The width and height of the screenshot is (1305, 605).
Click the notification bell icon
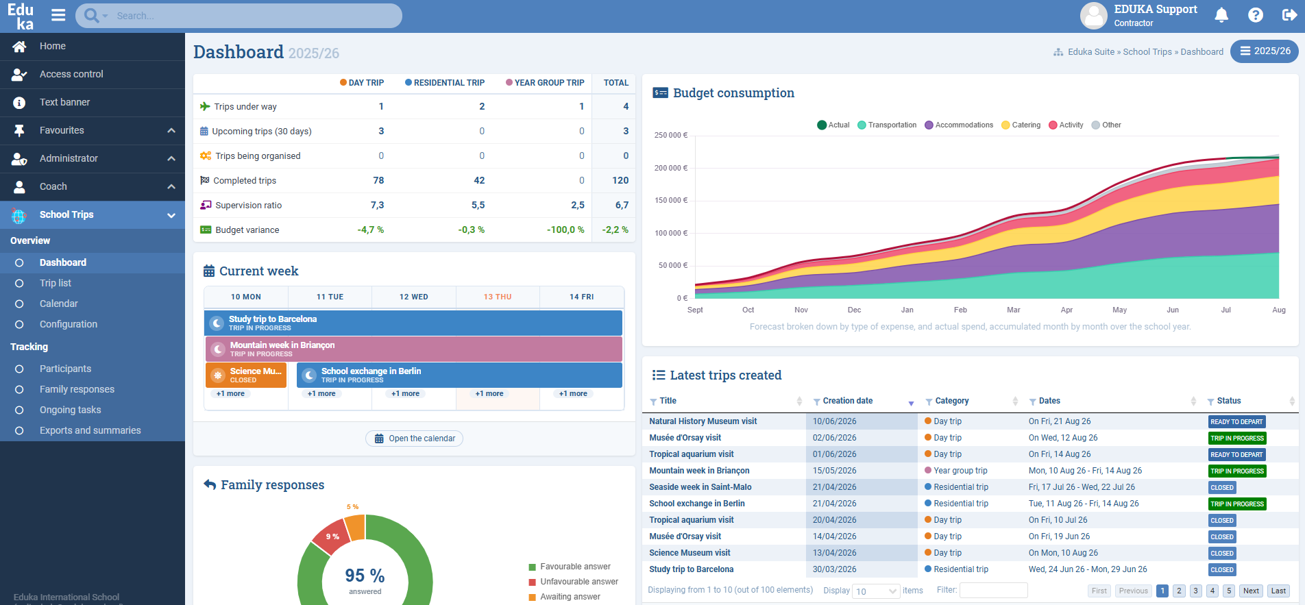[1221, 15]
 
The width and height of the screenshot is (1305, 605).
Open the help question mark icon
[1256, 15]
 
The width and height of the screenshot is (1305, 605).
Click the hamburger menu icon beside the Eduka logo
[58, 15]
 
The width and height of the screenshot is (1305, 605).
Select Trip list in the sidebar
[56, 283]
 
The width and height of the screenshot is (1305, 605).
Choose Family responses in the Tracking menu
[77, 389]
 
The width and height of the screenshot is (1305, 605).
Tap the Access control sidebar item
[71, 74]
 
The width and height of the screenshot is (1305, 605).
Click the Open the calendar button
[414, 439]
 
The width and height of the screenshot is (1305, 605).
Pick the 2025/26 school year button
[1265, 51]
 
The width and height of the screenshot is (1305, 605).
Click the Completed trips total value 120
[620, 180]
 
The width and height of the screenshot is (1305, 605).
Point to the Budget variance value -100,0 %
[565, 230]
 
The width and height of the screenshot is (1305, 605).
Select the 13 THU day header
[498, 297]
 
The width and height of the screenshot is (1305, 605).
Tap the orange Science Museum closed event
[246, 375]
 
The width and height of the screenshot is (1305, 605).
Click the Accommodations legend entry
[959, 125]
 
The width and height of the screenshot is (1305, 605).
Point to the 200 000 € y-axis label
[671, 168]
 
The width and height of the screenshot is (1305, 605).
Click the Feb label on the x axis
[960, 310]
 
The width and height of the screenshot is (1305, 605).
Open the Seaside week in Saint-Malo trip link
[700, 487]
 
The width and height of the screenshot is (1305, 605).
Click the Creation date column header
[848, 401]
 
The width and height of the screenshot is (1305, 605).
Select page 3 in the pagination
[1195, 591]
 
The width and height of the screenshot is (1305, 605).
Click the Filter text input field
[993, 590]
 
